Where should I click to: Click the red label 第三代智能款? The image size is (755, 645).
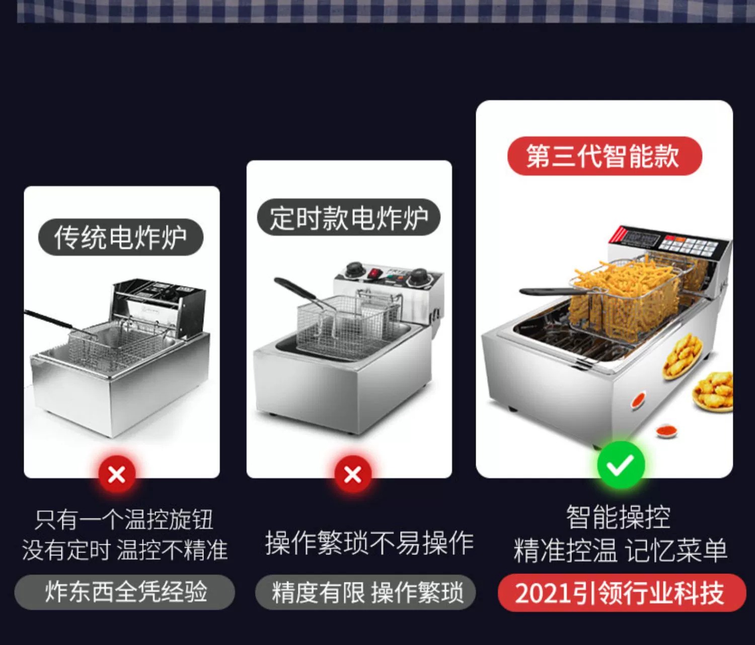tap(605, 156)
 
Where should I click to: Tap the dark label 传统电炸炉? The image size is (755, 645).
tap(120, 237)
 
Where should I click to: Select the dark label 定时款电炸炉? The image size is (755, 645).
tap(349, 217)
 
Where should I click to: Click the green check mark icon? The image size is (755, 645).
tap(621, 465)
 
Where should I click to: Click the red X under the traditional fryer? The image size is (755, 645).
tap(117, 474)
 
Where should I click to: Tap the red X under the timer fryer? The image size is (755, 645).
tap(352, 474)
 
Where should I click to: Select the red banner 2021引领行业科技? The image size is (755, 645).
tap(622, 593)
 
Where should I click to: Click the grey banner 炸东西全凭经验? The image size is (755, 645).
tap(125, 592)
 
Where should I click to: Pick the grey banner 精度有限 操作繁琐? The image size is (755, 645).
tap(365, 592)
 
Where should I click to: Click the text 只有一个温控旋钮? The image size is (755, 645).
tap(124, 519)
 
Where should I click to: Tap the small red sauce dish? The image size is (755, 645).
tap(666, 431)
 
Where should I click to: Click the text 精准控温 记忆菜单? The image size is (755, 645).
tap(620, 550)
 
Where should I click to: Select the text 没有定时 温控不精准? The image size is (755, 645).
tap(125, 550)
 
